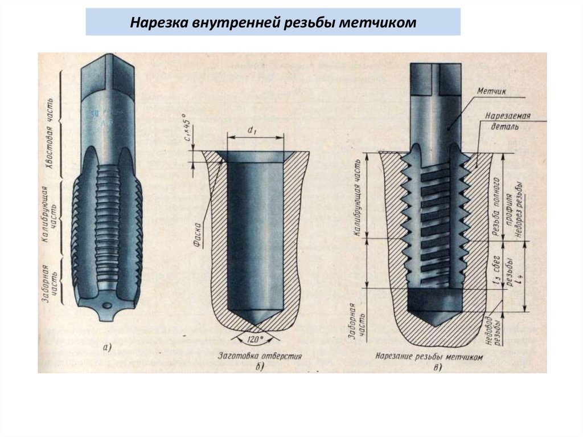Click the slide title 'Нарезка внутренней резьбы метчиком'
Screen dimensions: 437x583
click(x=273, y=23)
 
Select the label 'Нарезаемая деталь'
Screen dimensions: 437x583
click(x=508, y=120)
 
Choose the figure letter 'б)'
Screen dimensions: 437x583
click(x=260, y=367)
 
